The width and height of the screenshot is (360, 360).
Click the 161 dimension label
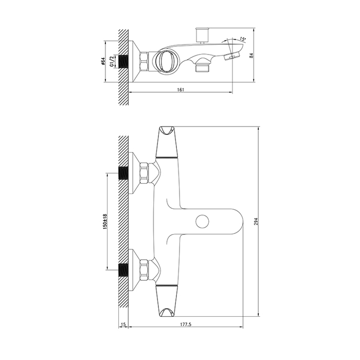click(181, 90)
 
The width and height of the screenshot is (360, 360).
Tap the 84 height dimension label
click(251, 56)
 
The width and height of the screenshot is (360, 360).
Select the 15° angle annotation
click(243, 39)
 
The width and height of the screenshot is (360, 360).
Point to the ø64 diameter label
click(103, 62)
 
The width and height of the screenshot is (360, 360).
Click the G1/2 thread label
click(112, 62)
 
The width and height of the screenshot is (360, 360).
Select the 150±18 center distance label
click(105, 222)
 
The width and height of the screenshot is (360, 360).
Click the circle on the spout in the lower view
click(202, 221)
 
